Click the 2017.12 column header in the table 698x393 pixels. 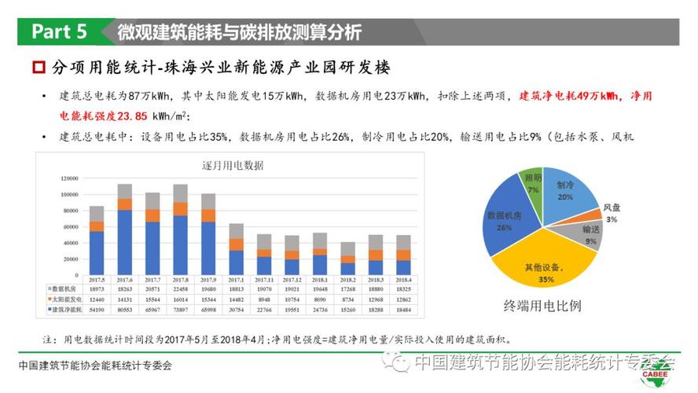292,280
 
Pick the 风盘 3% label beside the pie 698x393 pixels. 611,213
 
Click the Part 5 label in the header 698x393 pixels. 58,32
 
